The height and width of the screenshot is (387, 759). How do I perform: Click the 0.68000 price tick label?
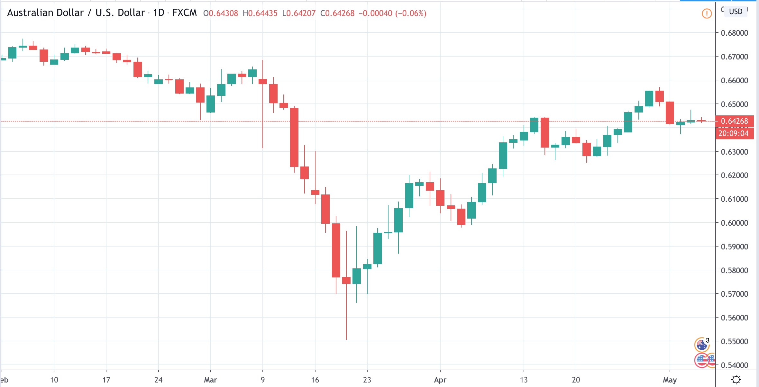[734, 33]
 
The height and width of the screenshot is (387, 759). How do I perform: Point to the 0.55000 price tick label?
[734, 341]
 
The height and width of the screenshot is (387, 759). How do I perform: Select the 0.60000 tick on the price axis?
[734, 223]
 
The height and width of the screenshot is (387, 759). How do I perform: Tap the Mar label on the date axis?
[210, 380]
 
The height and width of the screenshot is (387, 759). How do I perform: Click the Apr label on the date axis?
[440, 380]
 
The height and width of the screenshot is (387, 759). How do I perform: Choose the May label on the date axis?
[670, 380]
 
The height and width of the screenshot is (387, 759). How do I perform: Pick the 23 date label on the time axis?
[367, 380]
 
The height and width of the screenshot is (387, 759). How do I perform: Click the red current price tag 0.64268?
[734, 121]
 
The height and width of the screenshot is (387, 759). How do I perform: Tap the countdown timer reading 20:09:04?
[733, 133]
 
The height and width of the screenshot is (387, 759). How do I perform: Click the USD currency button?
[736, 12]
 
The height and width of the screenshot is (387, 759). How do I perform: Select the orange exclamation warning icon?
[707, 14]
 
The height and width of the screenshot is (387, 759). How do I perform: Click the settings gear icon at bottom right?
[736, 380]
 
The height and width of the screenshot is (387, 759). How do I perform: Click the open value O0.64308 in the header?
[221, 14]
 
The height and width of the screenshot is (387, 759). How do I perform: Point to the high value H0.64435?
[260, 14]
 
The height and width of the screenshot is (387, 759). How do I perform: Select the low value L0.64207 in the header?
[299, 14]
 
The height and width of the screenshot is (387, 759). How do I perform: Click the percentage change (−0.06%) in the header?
[411, 14]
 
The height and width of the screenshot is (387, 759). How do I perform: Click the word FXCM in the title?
[184, 13]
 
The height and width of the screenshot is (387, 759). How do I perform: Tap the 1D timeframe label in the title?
[159, 13]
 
